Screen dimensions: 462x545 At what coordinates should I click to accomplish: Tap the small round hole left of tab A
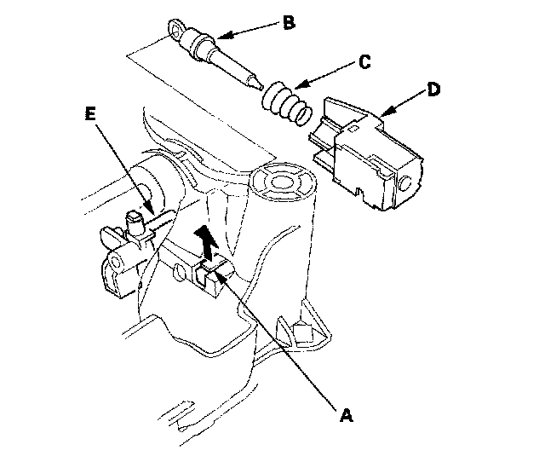click(x=180, y=273)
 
